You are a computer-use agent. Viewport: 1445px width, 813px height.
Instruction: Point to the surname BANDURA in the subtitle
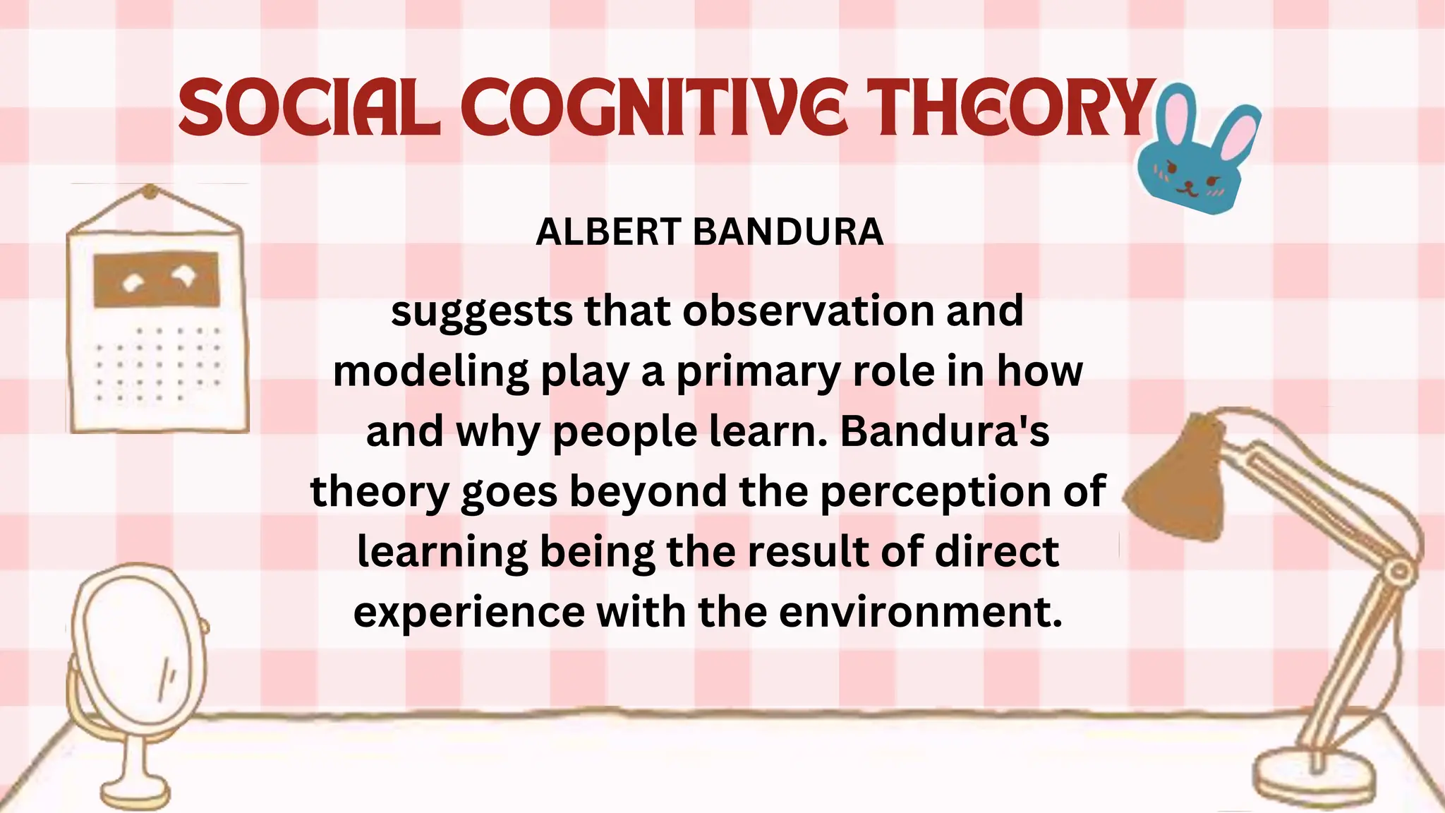788,231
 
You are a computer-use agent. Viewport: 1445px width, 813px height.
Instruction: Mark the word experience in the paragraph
468,613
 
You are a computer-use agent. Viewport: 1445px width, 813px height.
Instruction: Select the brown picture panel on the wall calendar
156,279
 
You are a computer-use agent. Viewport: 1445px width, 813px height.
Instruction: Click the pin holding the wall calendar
150,191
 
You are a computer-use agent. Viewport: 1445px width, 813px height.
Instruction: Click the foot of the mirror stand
135,794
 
